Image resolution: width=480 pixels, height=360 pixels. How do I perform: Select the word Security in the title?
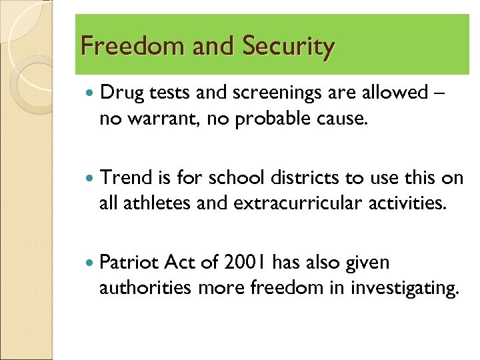(288, 47)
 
